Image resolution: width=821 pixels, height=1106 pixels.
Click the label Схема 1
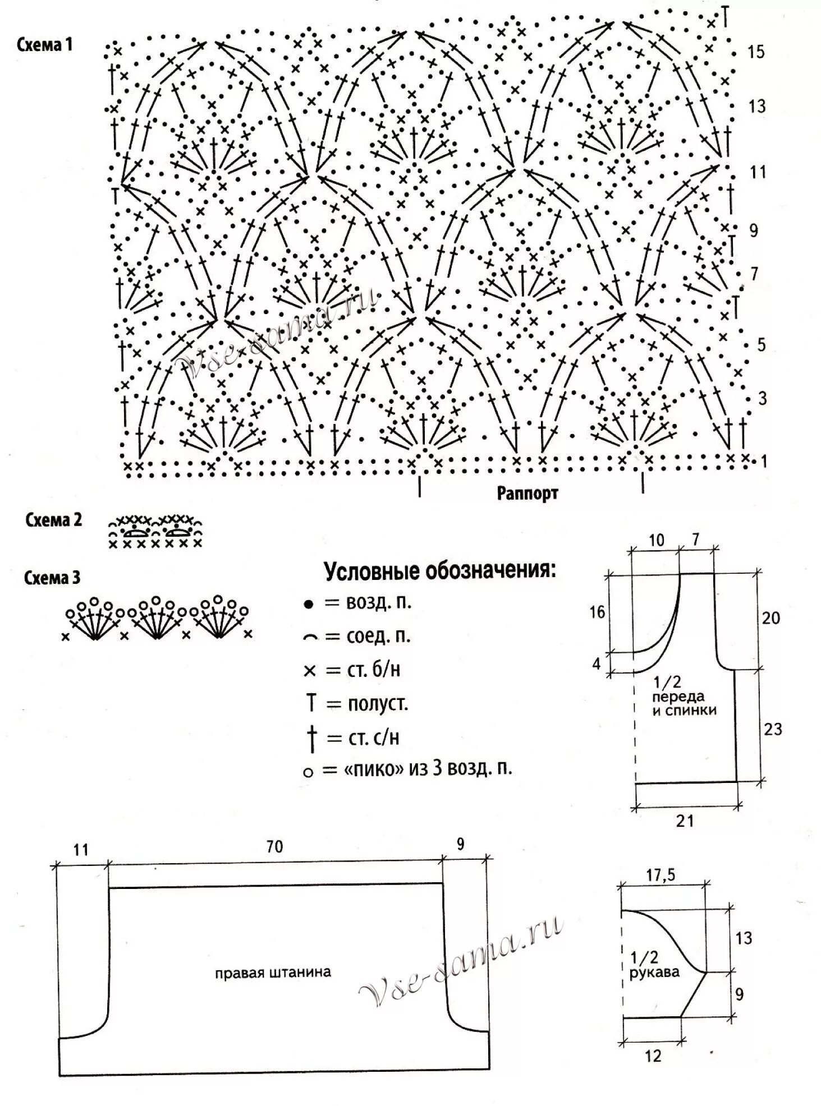[x=45, y=45]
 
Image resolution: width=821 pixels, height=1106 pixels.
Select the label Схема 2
[x=53, y=520]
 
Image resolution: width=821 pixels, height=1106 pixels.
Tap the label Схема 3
[x=52, y=578]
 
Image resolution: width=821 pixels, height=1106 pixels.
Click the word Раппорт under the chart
[x=527, y=494]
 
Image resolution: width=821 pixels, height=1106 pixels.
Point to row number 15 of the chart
[x=755, y=52]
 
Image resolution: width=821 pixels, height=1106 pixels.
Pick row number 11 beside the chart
[x=758, y=172]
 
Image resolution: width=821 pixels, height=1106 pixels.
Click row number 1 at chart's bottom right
[x=763, y=462]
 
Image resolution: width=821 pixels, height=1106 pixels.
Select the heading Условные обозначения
[x=440, y=572]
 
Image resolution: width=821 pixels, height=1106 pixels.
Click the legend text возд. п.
[x=379, y=603]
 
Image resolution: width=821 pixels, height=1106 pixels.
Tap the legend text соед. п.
[x=378, y=637]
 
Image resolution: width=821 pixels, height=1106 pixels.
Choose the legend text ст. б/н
[x=374, y=670]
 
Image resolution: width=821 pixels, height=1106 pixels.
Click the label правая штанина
[x=273, y=972]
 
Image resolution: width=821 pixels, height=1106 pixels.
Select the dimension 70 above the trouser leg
[x=274, y=846]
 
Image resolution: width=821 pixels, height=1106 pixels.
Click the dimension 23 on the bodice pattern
[x=772, y=729]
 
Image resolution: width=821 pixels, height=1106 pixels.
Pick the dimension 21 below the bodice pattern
[x=685, y=821]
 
